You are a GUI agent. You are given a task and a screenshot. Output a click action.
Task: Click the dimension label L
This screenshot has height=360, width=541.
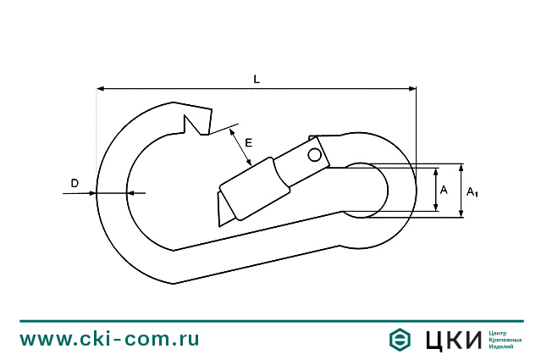[257, 79]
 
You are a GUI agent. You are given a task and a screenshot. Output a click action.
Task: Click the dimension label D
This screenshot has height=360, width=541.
[75, 183]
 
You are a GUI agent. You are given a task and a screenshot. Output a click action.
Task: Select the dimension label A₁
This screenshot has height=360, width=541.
[472, 192]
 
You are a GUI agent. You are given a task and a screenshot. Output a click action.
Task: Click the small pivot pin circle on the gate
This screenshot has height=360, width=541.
[315, 154]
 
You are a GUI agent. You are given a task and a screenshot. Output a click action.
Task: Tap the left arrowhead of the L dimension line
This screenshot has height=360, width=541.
[101, 87]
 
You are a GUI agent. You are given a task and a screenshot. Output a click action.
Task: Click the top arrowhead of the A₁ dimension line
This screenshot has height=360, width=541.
[461, 167]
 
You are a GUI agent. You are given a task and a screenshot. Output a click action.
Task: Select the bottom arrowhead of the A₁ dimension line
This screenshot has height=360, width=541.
[461, 213]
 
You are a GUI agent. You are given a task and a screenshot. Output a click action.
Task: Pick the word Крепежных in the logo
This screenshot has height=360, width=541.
[505, 340]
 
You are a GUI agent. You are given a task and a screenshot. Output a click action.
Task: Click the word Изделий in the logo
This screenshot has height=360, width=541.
[503, 347]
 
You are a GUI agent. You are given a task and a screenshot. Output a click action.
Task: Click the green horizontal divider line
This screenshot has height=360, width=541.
[270, 321]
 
